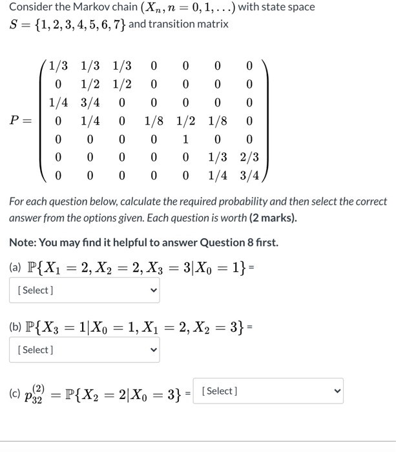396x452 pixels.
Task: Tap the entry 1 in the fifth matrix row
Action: [185, 139]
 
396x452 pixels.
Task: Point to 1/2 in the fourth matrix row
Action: [185, 121]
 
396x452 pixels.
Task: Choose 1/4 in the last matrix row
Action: [217, 174]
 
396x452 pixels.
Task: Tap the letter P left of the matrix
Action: [17, 121]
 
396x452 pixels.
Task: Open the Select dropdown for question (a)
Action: [83, 290]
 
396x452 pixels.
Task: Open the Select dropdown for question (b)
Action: [83, 350]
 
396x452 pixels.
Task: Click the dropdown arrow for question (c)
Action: [335, 391]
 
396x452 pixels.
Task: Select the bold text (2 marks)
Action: [273, 218]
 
